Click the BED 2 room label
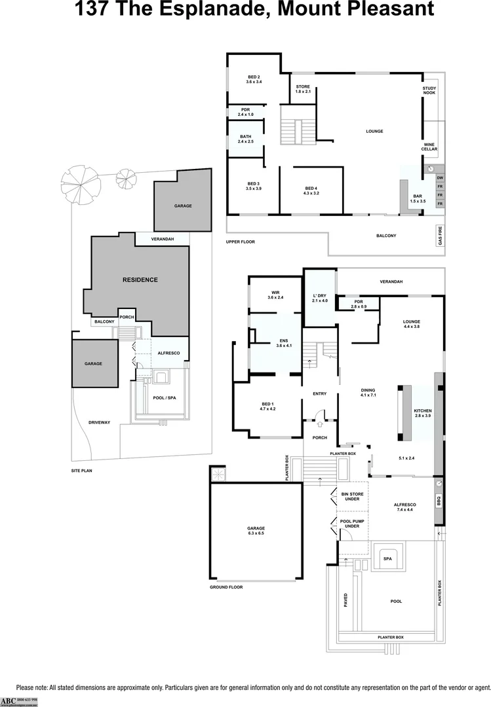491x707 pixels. point(254,79)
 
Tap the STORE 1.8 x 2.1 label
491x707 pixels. point(302,89)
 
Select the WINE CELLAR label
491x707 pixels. point(429,147)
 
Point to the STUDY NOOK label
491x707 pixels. point(429,90)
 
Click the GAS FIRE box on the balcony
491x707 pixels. point(440,234)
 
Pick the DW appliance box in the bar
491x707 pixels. point(440,178)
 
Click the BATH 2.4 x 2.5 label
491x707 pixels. point(245,139)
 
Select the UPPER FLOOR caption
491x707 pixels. point(240,242)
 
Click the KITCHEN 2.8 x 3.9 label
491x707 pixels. point(423,413)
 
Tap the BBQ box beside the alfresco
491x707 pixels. point(439,501)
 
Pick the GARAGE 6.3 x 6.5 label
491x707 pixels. point(256,530)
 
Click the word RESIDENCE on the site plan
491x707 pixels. point(140,280)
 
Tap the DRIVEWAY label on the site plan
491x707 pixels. point(100,423)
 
